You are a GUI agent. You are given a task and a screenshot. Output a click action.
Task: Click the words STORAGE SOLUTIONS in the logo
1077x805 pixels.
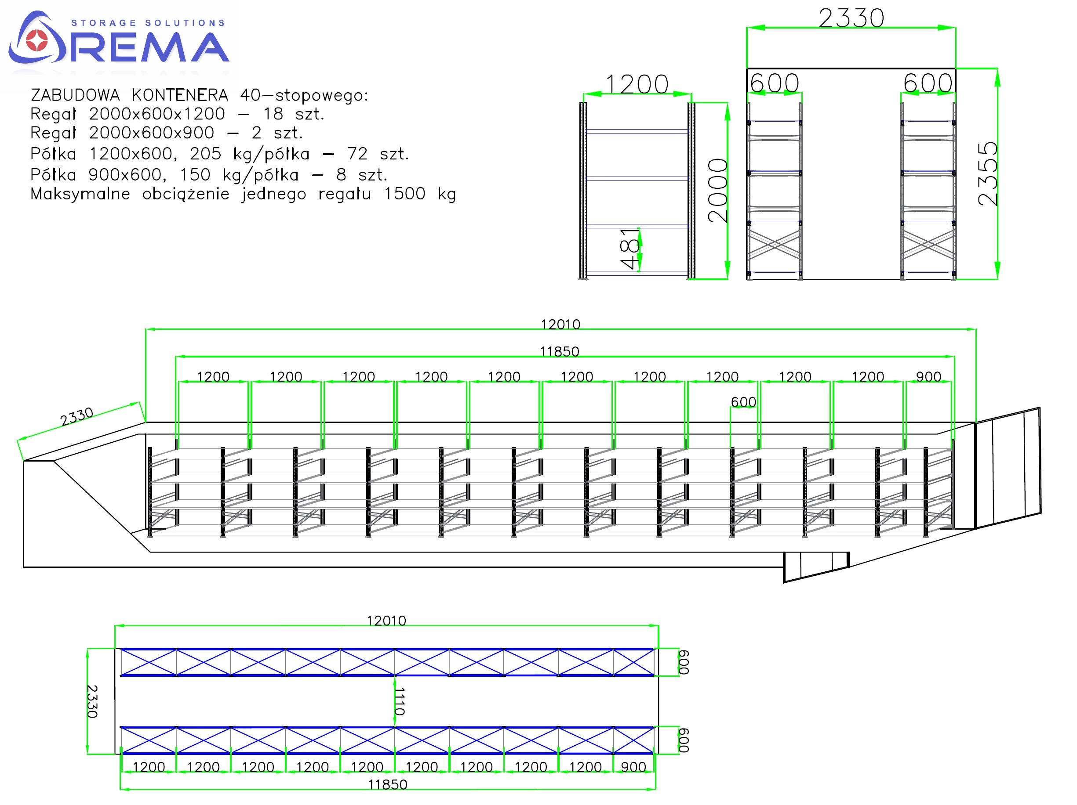148,23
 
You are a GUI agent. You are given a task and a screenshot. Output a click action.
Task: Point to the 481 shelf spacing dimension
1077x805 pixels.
629,248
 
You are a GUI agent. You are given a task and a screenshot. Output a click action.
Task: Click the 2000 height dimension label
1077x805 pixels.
718,191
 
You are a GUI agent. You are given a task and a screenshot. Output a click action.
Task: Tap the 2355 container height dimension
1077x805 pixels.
987,173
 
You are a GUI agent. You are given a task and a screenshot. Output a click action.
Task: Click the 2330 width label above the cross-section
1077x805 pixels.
851,18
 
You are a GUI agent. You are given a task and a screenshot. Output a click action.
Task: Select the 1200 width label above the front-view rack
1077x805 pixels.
637,85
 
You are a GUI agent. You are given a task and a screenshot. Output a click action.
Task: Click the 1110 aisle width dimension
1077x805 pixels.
399,701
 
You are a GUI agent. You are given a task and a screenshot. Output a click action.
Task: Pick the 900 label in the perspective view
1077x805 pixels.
928,377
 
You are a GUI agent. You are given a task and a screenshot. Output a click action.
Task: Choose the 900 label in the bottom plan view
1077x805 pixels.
633,767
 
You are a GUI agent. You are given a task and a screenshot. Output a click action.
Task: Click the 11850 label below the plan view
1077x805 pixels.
388,784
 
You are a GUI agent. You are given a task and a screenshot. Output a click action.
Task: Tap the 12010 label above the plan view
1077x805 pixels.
386,621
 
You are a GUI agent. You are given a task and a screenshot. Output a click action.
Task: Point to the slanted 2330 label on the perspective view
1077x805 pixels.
76,416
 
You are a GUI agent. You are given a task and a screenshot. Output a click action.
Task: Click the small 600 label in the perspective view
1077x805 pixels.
743,402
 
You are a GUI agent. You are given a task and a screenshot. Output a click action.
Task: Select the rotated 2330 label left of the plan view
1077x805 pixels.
92,701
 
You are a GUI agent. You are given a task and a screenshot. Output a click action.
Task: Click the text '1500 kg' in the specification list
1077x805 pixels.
420,194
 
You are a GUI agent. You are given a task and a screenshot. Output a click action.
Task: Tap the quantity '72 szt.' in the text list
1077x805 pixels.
378,154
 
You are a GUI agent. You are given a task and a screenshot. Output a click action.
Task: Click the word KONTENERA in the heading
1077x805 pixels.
180,95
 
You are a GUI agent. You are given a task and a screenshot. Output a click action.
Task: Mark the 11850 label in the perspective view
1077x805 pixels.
560,352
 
